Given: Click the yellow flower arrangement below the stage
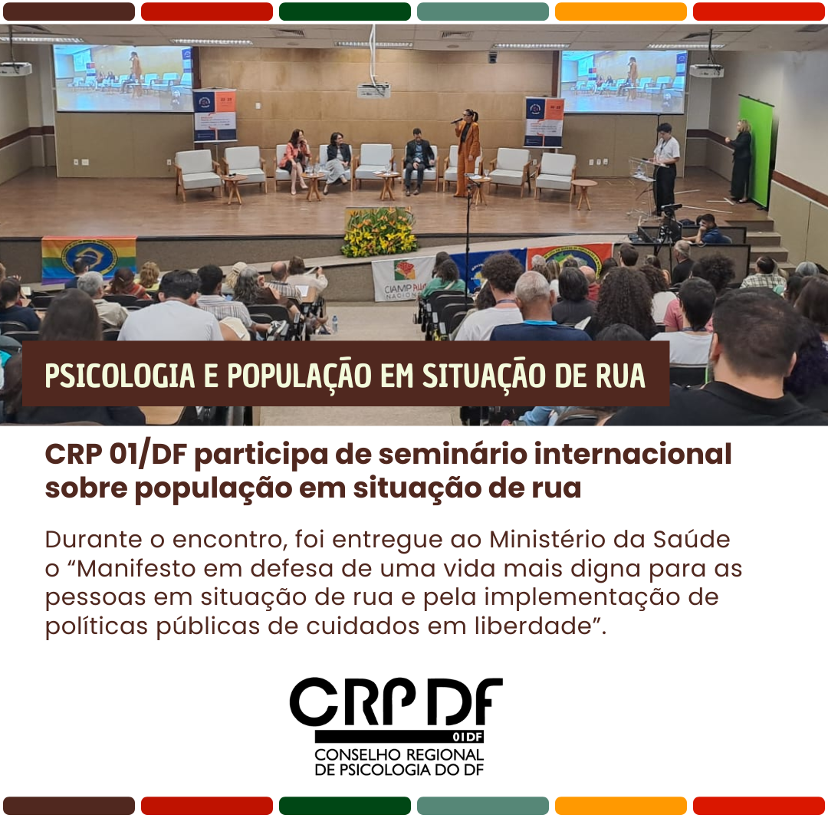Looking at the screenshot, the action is pyautogui.click(x=379, y=232).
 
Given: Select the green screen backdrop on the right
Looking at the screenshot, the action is pyautogui.click(x=756, y=150).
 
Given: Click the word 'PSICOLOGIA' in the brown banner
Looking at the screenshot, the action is pyautogui.click(x=120, y=376).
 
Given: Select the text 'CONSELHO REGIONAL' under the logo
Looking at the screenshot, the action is pyautogui.click(x=399, y=754).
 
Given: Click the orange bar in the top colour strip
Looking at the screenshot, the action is pyautogui.click(x=620, y=11).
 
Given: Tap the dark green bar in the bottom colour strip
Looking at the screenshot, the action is pyautogui.click(x=345, y=806).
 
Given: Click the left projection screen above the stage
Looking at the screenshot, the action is pyautogui.click(x=123, y=78).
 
